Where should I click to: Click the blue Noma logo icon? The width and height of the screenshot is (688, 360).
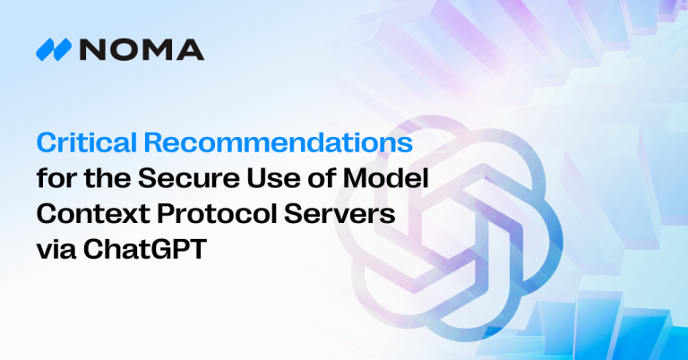54,50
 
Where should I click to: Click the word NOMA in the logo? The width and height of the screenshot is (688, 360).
140,50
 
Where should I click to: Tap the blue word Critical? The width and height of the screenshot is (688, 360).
76,144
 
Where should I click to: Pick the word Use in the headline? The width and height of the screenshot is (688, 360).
277,179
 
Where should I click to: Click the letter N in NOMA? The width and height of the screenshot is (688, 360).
90,50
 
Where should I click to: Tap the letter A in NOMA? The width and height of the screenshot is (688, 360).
191,50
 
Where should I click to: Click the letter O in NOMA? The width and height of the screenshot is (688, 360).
122,50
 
